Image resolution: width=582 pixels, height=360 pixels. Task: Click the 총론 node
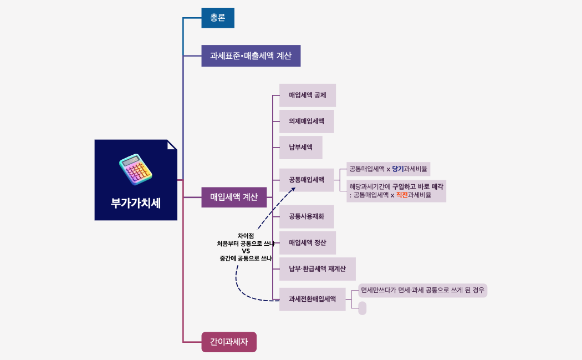coord(217,18)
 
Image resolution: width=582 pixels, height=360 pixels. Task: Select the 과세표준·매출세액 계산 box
coord(251,56)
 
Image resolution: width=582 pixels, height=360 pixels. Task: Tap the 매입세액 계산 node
coord(234,197)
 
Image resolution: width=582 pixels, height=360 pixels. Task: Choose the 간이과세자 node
coord(228,342)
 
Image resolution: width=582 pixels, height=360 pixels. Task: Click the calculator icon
coord(135,170)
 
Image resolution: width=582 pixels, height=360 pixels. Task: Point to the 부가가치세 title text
coord(136,202)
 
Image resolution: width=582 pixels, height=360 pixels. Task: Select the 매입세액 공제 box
coord(307,95)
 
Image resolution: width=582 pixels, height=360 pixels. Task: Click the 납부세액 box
coord(300,148)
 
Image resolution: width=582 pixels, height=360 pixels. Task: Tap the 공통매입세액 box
coord(307,180)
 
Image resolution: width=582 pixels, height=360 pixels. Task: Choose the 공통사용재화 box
coord(307,216)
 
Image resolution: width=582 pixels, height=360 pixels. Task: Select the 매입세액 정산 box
coord(307,243)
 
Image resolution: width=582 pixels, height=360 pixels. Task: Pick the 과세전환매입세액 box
coord(312,299)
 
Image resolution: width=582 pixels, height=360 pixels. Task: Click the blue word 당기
coord(397,169)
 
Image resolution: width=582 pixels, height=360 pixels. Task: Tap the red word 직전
coord(401,195)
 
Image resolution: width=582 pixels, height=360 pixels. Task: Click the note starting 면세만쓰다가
coord(422,290)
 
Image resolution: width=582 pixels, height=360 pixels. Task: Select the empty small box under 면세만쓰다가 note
coord(363,308)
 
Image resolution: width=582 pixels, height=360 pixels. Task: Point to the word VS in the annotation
coord(246,251)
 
